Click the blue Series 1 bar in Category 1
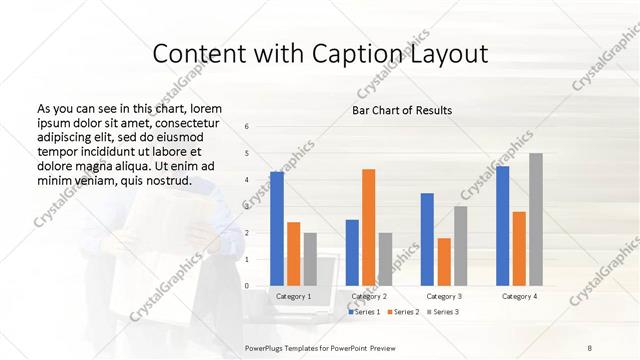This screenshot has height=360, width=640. pyautogui.click(x=276, y=229)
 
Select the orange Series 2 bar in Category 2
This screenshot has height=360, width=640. pyautogui.click(x=368, y=227)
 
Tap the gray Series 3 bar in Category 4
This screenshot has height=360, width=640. pyautogui.click(x=536, y=219)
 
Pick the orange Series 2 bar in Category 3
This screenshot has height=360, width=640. pyautogui.click(x=444, y=262)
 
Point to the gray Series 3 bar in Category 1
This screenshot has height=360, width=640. pyautogui.click(x=310, y=259)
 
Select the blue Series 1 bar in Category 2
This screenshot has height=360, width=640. pyautogui.click(x=352, y=252)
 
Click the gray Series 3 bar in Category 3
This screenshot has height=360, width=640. pyautogui.click(x=460, y=246)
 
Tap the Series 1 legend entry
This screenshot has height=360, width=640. pyautogui.click(x=365, y=312)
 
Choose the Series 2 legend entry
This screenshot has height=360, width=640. pyautogui.click(x=402, y=312)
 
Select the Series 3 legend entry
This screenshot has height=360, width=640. pyautogui.click(x=441, y=312)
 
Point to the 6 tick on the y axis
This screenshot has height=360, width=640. pyautogui.click(x=247, y=127)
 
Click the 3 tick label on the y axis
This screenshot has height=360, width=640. pyautogui.click(x=247, y=206)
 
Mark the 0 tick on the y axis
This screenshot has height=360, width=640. pyautogui.click(x=247, y=286)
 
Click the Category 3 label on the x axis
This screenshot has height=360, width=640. pyautogui.click(x=444, y=297)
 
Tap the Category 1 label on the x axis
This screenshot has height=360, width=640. pyautogui.click(x=293, y=297)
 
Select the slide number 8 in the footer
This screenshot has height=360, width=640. pyautogui.click(x=589, y=346)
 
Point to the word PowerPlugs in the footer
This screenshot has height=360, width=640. pyautogui.click(x=268, y=346)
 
